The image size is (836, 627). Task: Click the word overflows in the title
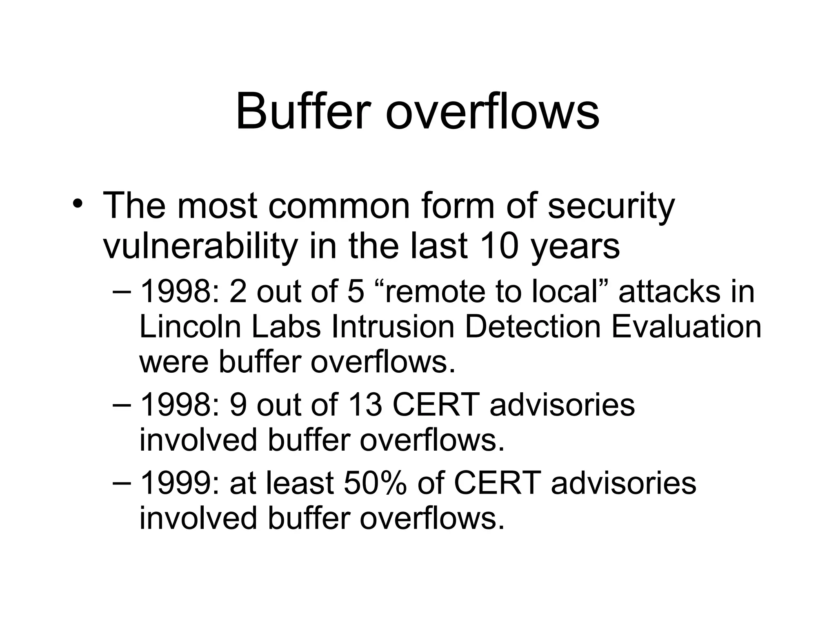click(x=493, y=111)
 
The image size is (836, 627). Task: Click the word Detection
click(x=533, y=327)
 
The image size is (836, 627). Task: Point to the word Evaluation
click(x=687, y=327)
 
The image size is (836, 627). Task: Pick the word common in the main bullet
click(x=338, y=206)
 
